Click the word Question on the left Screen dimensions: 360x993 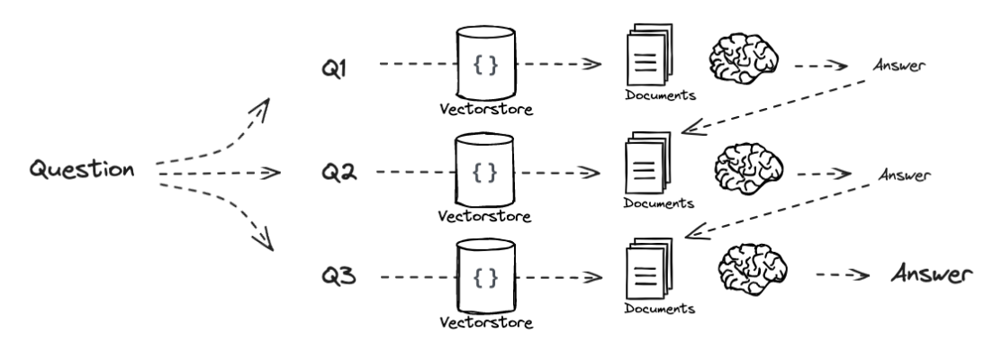click(x=83, y=169)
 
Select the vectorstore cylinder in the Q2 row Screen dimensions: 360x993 click(x=485, y=169)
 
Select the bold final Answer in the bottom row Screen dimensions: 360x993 click(x=933, y=274)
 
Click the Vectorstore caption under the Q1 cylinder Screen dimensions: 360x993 click(x=485, y=111)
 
